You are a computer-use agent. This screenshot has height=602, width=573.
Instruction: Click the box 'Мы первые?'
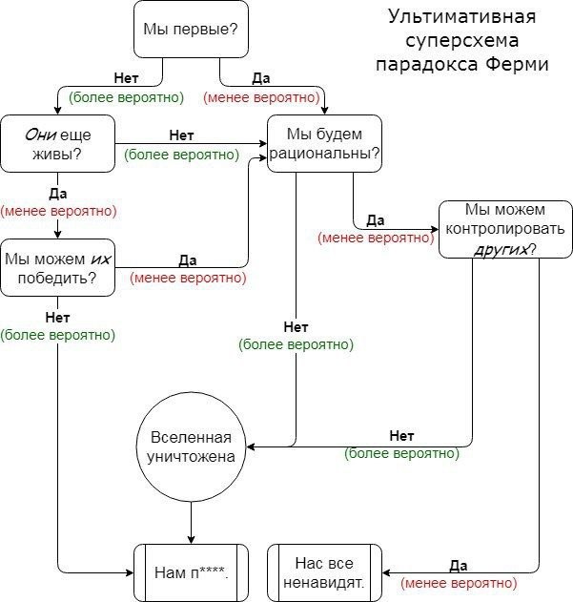coord(191,30)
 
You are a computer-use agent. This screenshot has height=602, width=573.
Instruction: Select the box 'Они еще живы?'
coord(57,144)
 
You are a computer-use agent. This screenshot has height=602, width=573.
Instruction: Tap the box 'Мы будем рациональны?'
coord(324,143)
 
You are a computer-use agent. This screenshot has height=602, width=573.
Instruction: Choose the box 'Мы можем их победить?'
coord(57,267)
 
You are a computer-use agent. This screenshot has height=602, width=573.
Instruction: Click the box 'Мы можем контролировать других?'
coord(505,229)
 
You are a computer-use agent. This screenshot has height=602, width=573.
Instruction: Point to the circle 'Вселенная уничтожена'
coord(191,446)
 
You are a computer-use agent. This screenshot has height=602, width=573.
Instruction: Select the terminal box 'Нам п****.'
coord(191,572)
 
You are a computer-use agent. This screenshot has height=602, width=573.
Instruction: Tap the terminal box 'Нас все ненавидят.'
coord(324,572)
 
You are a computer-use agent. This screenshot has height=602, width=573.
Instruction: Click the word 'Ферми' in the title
coord(517,64)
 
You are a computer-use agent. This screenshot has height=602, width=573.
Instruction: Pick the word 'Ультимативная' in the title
coord(461,17)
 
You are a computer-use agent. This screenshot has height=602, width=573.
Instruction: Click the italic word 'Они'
coord(41,135)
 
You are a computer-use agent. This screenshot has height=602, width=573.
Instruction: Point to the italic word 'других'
coord(501,250)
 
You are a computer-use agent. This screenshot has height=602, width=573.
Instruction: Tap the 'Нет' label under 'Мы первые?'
coord(126,78)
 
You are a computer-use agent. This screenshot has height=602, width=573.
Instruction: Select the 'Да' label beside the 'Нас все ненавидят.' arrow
coord(459,566)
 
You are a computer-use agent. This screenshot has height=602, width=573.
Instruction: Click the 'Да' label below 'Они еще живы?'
coord(57,194)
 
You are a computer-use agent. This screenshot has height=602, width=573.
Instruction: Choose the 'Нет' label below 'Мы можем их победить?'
coord(57,318)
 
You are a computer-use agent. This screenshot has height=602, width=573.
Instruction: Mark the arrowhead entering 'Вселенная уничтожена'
coord(250,446)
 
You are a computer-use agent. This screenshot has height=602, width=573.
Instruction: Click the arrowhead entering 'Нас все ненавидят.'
coord(386,572)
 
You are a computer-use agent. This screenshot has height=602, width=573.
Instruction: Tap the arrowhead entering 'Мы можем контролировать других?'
coord(435,230)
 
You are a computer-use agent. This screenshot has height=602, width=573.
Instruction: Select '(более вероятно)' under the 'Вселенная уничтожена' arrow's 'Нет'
coord(401,453)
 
